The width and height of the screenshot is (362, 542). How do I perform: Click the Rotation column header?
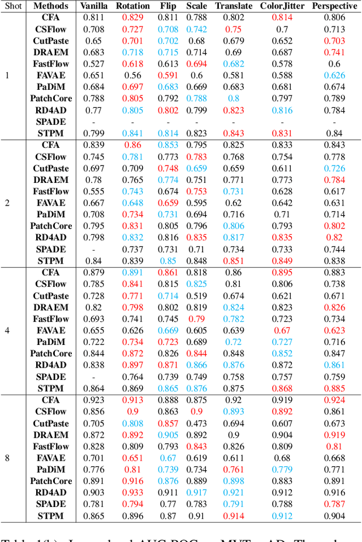133,6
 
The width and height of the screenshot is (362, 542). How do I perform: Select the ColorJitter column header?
283,6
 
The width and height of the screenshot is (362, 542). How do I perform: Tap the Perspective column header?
334,6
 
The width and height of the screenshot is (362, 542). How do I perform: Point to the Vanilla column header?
94,6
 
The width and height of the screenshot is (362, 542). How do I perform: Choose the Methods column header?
51,6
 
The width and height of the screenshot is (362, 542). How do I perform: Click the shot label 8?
7,458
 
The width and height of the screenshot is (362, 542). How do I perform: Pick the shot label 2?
7,203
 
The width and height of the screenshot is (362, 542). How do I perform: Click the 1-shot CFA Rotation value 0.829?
133,18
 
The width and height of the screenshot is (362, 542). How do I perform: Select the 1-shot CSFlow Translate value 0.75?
234,29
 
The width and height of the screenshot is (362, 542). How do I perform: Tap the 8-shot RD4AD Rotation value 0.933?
133,493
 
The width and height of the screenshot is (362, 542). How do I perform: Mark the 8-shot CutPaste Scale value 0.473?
196,423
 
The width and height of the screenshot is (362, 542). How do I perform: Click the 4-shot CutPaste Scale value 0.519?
196,296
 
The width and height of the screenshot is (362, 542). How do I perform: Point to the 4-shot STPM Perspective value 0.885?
334,388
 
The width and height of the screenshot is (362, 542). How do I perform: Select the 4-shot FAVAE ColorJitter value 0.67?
282,330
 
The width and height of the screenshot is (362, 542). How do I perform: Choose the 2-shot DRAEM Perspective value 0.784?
334,180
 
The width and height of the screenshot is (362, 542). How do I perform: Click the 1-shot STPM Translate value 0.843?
234,133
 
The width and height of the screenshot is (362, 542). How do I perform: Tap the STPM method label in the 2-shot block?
51,261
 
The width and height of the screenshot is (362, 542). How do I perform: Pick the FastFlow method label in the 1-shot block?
51,64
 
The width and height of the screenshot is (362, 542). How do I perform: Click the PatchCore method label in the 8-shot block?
51,481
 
